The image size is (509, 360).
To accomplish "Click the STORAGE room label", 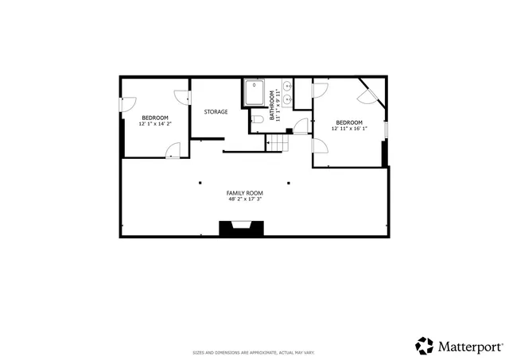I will [x=216, y=112].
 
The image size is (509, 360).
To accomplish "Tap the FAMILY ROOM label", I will [x=244, y=193].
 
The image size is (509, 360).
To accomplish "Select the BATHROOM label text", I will [x=271, y=103].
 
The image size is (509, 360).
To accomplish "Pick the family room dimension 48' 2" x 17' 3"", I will [x=244, y=199].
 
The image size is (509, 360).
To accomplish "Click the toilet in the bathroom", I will [x=257, y=120].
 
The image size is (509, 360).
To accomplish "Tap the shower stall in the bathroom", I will [x=254, y=93].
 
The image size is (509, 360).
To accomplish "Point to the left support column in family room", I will [x=200, y=183].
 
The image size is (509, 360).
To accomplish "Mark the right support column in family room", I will [x=288, y=183].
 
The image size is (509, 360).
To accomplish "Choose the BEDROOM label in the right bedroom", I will [x=349, y=122].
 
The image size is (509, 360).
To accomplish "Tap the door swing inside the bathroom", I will [x=300, y=126].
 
